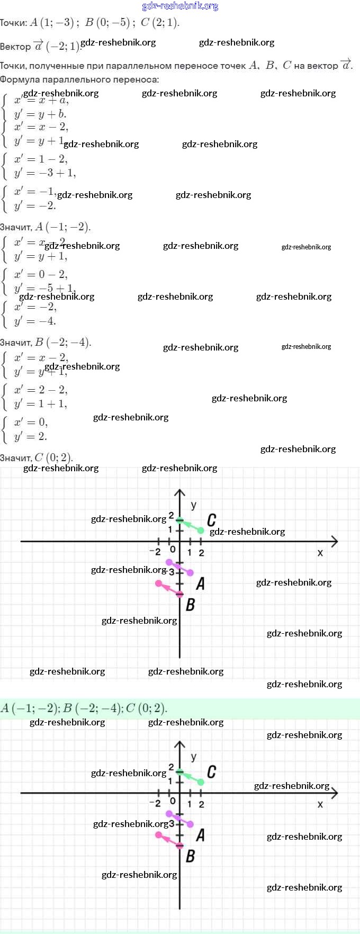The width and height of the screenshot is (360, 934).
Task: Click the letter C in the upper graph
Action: (x=211, y=520)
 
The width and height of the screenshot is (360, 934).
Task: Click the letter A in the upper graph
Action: (x=200, y=583)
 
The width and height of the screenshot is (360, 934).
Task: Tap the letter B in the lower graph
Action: (x=191, y=856)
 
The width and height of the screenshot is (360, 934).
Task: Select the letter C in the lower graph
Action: (x=211, y=771)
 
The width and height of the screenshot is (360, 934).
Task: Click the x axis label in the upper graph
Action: (x=320, y=553)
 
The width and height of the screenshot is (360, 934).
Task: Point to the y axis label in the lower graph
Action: (x=193, y=757)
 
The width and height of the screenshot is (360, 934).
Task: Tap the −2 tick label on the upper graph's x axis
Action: (x=155, y=552)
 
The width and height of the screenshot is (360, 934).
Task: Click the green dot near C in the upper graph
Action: (x=201, y=530)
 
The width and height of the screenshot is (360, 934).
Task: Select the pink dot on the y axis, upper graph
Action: (x=179, y=594)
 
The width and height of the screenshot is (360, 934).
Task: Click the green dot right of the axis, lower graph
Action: (x=201, y=782)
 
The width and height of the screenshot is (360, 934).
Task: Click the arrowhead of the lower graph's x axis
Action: (x=334, y=793)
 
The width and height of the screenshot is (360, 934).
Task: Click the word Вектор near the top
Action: (x=15, y=47)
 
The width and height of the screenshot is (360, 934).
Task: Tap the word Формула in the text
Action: (x=20, y=79)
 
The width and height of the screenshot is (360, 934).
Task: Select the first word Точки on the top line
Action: (x=13, y=23)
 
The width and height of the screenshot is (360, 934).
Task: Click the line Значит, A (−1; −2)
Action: (x=46, y=227)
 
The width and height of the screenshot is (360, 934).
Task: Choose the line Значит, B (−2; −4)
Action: (x=46, y=342)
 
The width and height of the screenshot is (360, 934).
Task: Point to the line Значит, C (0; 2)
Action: (x=37, y=457)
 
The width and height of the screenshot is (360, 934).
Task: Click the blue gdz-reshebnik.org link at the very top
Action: (x=180, y=6)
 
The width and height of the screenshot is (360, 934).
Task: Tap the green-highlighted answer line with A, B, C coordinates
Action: (x=85, y=708)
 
